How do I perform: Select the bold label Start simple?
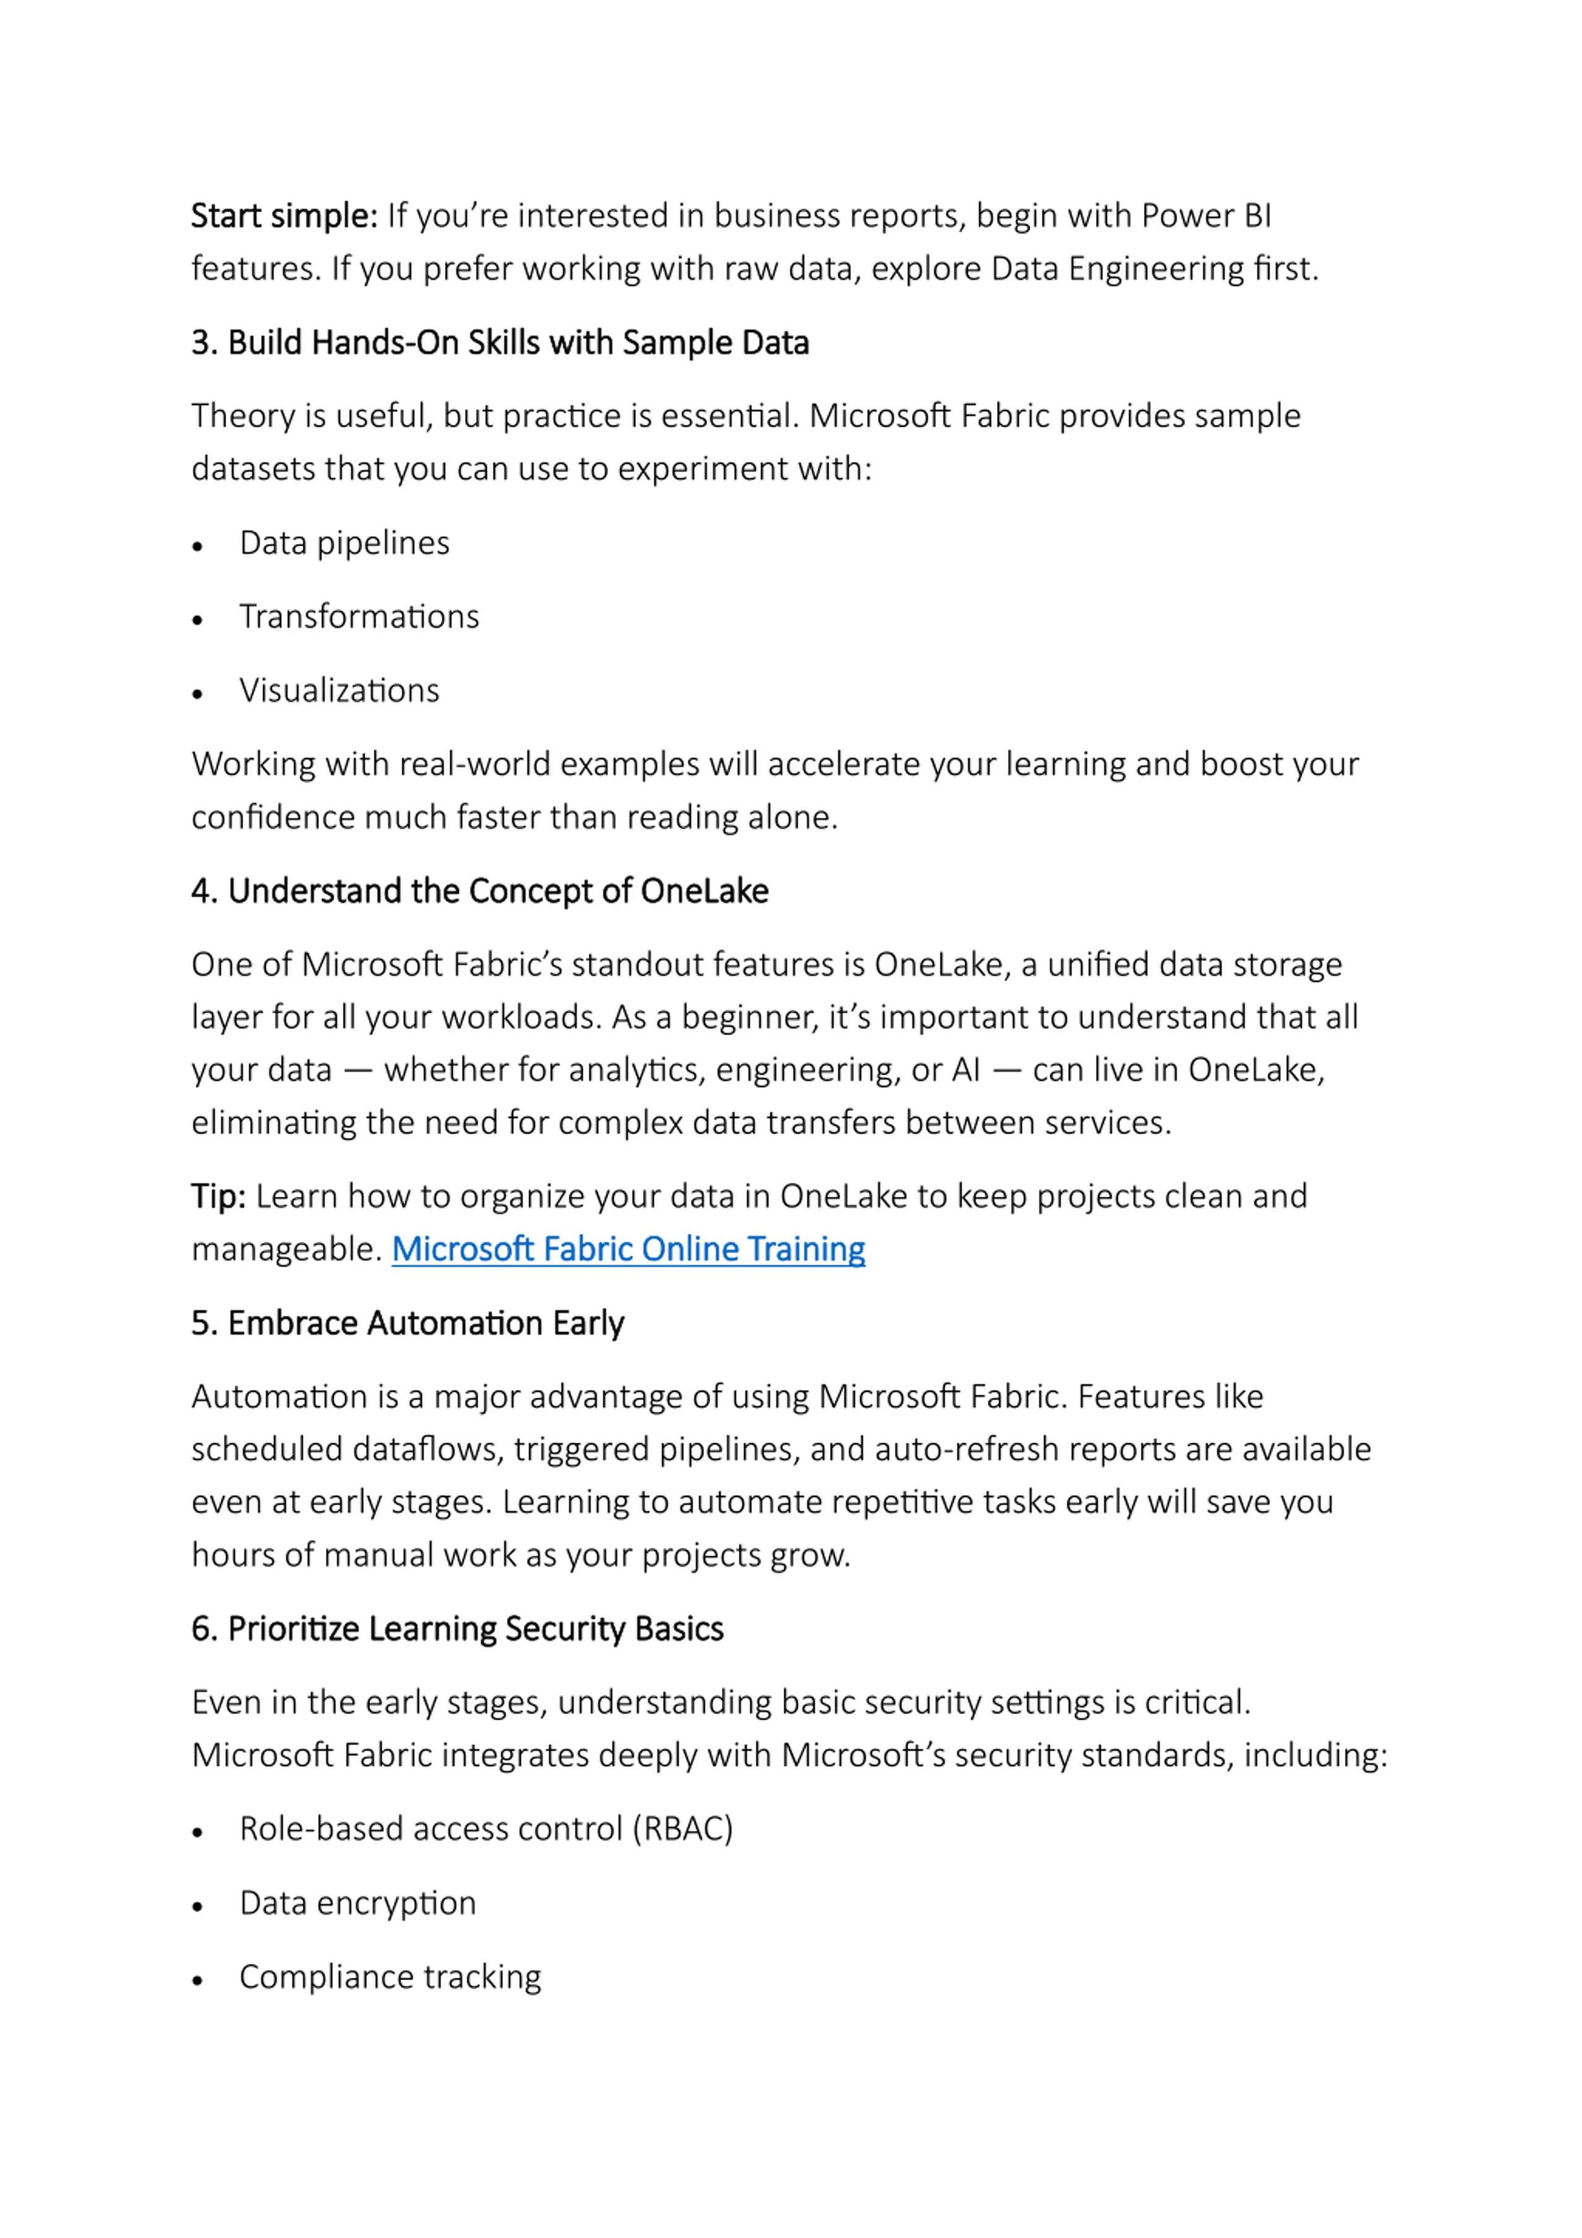point(284,216)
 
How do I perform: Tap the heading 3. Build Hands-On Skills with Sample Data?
point(499,343)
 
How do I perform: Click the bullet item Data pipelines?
point(344,543)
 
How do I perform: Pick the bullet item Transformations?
point(358,617)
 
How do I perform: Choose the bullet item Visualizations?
point(339,691)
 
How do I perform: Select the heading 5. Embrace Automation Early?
point(407,1324)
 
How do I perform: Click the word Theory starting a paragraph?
point(243,416)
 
